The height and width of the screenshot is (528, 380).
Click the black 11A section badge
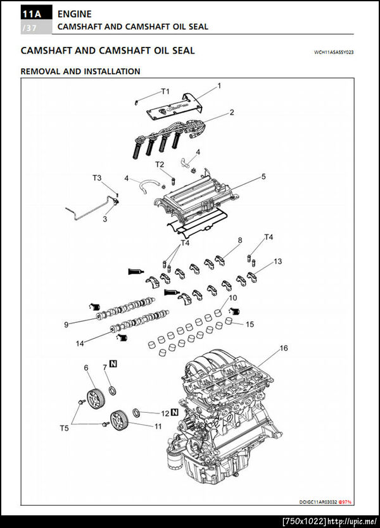point(36,13)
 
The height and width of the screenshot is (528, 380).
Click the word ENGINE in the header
point(75,14)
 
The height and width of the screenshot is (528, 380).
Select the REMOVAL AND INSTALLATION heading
point(80,72)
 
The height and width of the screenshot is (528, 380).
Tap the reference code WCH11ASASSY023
point(334,52)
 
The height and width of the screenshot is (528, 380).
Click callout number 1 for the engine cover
point(219,86)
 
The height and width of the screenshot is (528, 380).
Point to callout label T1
point(165,92)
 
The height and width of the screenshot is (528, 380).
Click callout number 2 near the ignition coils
point(232,113)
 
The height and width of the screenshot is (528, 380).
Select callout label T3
point(97,178)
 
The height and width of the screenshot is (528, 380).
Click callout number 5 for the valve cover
point(263,177)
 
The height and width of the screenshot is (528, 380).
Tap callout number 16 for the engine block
point(284,348)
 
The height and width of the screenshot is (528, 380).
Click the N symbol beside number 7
point(113,363)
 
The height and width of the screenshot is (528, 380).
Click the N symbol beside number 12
point(175,412)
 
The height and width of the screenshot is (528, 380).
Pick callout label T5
point(64,428)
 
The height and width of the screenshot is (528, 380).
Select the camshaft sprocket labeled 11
point(119,421)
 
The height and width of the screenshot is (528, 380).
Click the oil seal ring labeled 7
point(113,391)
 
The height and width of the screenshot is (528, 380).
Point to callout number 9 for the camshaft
point(66,325)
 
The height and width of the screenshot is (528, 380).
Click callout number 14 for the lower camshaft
point(80,344)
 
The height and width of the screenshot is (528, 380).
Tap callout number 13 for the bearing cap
point(278,261)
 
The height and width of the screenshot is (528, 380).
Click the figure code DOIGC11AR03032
point(318,502)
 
